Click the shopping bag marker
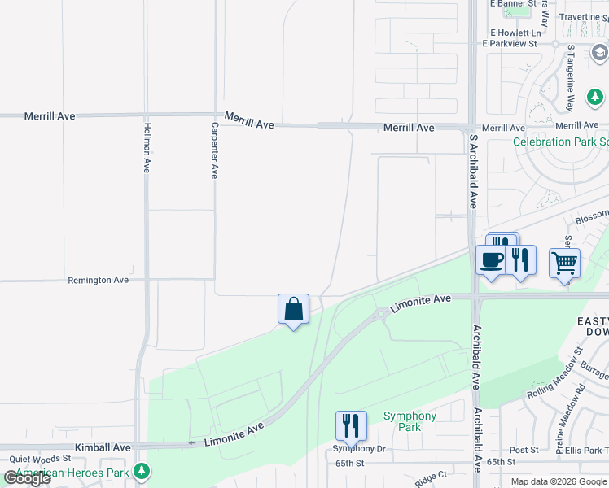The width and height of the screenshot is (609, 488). pyautogui.click(x=293, y=310)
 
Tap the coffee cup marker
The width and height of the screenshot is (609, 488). pyautogui.click(x=490, y=261)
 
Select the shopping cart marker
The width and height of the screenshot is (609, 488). pyautogui.click(x=564, y=264)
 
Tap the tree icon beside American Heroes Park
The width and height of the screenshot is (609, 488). pyautogui.click(x=142, y=471)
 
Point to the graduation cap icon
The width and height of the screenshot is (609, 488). pyautogui.click(x=600, y=53)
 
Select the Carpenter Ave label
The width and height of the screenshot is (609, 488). pyautogui.click(x=215, y=150)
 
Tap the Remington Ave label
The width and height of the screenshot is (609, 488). pyautogui.click(x=99, y=280)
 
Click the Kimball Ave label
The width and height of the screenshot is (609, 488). pyautogui.click(x=103, y=447)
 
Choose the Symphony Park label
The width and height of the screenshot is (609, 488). pyautogui.click(x=410, y=421)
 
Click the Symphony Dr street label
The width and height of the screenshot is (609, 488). pyautogui.click(x=358, y=449)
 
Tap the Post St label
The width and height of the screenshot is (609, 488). pyautogui.click(x=524, y=450)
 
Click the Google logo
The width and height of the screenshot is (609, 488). pyautogui.click(x=27, y=478)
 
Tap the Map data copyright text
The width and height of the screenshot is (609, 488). pyautogui.click(x=559, y=481)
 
